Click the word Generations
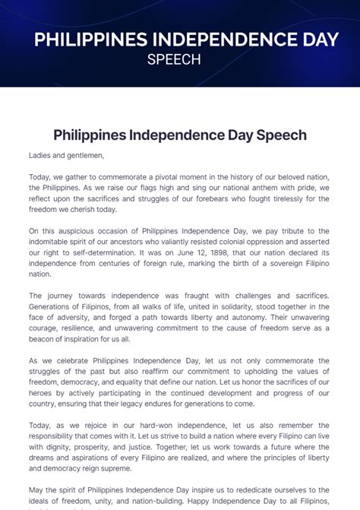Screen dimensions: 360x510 (55, 306)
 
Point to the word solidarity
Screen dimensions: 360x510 (224, 306)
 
